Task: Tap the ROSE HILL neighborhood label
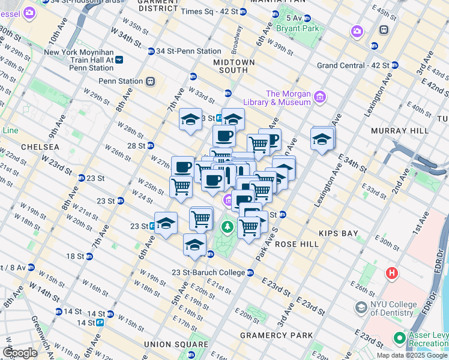pos(295,244)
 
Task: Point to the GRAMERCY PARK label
pos(276,335)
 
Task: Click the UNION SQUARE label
pos(167,344)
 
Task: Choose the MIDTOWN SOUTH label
pos(234,66)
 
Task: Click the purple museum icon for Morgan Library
pos(319,97)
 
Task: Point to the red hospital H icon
pos(393,274)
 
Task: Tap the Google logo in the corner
pos(20,352)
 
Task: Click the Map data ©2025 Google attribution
pos(412,355)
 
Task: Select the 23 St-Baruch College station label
pos(207,272)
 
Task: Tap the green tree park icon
pos(227,227)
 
